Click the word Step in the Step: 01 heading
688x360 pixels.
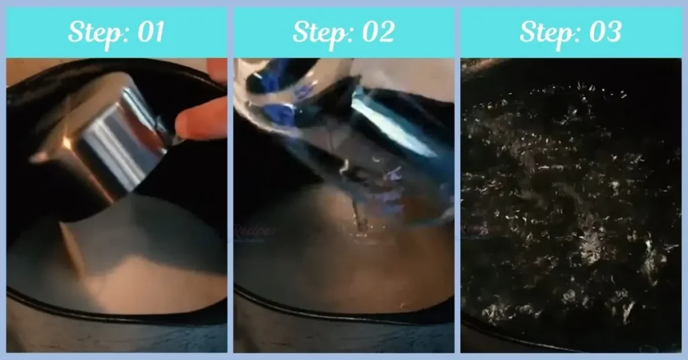(92, 32)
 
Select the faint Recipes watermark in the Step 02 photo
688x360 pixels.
(255, 231)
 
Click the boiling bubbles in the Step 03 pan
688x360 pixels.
(571, 201)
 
